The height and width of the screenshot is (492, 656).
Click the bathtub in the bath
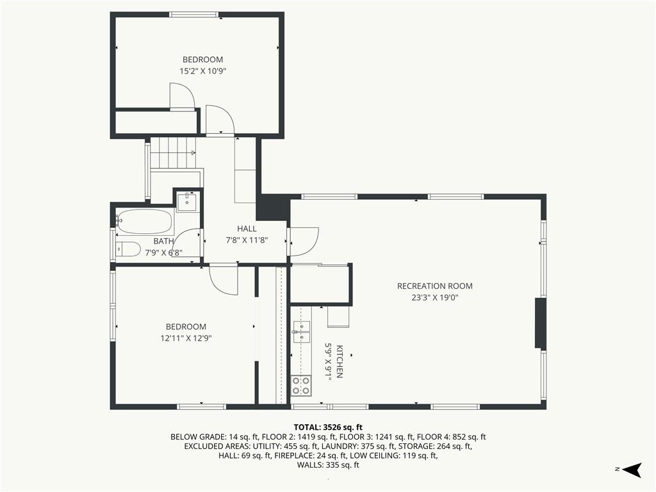(x=145, y=222)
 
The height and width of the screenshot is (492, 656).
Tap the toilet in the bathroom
(x=128, y=249)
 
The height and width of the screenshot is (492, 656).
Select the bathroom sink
(x=186, y=202)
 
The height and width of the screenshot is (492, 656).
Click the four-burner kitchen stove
(x=301, y=385)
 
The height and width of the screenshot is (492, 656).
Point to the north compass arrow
(x=632, y=470)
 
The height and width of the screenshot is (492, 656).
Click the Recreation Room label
(x=435, y=286)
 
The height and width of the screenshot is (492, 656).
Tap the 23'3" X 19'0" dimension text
(x=435, y=298)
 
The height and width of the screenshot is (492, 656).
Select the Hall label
(x=247, y=229)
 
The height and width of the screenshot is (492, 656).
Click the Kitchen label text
(x=340, y=361)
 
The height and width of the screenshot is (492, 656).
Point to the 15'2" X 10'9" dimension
(x=203, y=71)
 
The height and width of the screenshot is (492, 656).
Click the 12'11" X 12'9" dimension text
(x=186, y=338)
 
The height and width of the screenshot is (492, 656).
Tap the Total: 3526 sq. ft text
(x=328, y=427)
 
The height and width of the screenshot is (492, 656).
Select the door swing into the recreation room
(x=304, y=242)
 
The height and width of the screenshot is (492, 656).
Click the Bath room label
(x=163, y=241)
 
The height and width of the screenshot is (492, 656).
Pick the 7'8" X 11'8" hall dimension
(x=247, y=240)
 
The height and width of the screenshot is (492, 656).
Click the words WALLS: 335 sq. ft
(x=328, y=465)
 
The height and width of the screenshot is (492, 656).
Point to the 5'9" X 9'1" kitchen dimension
(x=329, y=361)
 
